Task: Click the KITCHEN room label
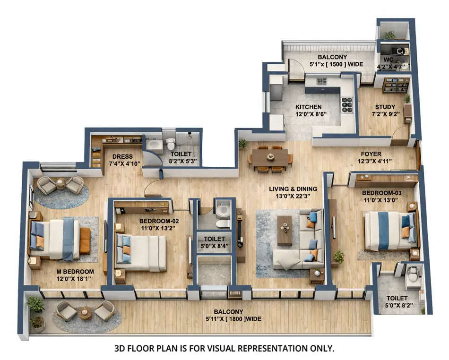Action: pos(308,107)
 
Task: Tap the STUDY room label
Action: pos(385,107)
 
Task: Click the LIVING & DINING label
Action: pos(293,189)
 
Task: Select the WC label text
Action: pos(388,59)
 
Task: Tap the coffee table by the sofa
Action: pos(285,230)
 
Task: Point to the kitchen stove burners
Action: pos(347,104)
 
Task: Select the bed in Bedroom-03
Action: pos(389,231)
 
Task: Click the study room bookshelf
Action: pos(396,85)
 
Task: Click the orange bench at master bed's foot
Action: pos(85,240)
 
